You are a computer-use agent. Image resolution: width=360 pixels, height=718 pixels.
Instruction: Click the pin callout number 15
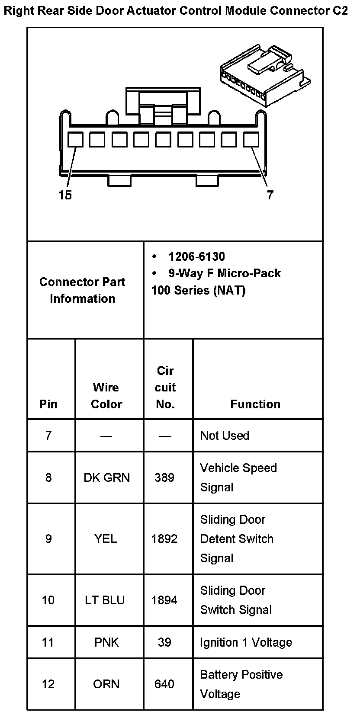click(65, 196)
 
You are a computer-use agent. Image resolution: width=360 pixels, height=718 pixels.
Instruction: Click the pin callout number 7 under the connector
click(270, 196)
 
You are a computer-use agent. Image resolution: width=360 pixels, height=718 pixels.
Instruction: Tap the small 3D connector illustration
click(265, 74)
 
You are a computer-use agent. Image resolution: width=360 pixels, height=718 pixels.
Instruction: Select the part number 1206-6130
click(196, 256)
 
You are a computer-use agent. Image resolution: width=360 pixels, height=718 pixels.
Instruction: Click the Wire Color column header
click(106, 395)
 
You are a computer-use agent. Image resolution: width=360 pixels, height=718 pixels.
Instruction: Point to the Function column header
click(255, 404)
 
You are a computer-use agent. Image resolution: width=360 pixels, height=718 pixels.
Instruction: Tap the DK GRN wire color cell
click(106, 478)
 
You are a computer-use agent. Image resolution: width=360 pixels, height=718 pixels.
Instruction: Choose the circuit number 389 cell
click(164, 478)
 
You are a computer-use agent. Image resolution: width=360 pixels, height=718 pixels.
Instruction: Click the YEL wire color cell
click(106, 538)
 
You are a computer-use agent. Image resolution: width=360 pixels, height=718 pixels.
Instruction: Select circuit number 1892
click(164, 538)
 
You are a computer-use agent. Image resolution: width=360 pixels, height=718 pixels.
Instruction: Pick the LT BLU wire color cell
click(105, 600)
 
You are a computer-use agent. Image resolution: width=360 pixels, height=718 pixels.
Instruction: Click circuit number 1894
click(164, 600)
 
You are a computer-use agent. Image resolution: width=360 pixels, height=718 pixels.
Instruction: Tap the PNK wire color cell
click(106, 642)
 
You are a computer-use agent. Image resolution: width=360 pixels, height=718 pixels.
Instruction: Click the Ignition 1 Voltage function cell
click(246, 642)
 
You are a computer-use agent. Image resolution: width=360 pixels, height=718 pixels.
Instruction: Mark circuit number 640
click(164, 684)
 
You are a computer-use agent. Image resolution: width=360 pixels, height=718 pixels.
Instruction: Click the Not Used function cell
click(225, 436)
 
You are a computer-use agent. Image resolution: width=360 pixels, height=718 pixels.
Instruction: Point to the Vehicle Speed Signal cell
click(238, 478)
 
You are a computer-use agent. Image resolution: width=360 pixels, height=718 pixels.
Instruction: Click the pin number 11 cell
click(48, 642)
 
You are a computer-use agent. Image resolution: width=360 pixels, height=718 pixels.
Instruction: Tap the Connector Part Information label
click(82, 290)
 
